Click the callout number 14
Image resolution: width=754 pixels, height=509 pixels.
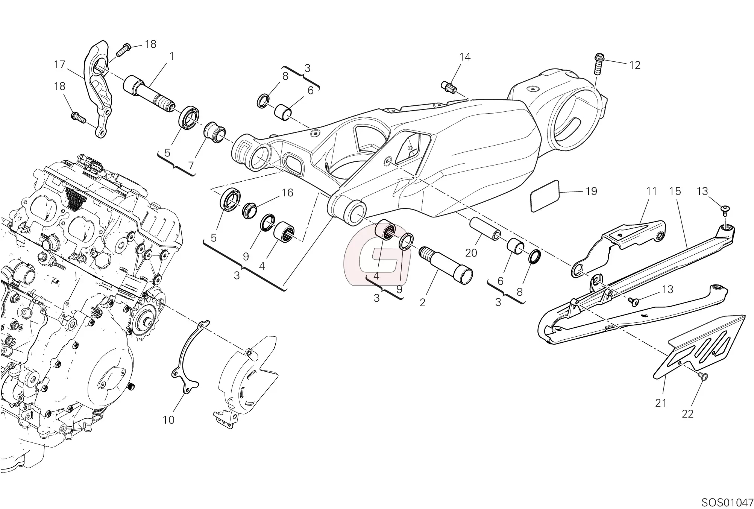pos(465,57)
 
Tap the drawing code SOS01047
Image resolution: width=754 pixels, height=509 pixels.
pos(727,502)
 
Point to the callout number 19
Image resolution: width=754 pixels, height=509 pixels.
pos(591,191)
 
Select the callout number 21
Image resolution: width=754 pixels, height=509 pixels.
pos(661,403)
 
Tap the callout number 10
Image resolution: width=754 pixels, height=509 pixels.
pos(168,420)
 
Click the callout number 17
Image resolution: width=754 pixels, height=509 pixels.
pos(59,65)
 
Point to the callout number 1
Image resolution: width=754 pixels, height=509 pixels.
pos(171,56)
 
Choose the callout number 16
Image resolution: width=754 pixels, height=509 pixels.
pos(287,193)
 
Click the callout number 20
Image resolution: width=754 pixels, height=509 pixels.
pos(471,253)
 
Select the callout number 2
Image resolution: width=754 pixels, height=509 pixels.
pos(422,302)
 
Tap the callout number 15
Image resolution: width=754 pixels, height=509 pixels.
pos(675,191)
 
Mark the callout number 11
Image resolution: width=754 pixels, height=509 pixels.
pos(651,191)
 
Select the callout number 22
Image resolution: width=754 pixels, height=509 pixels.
pos(687,414)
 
